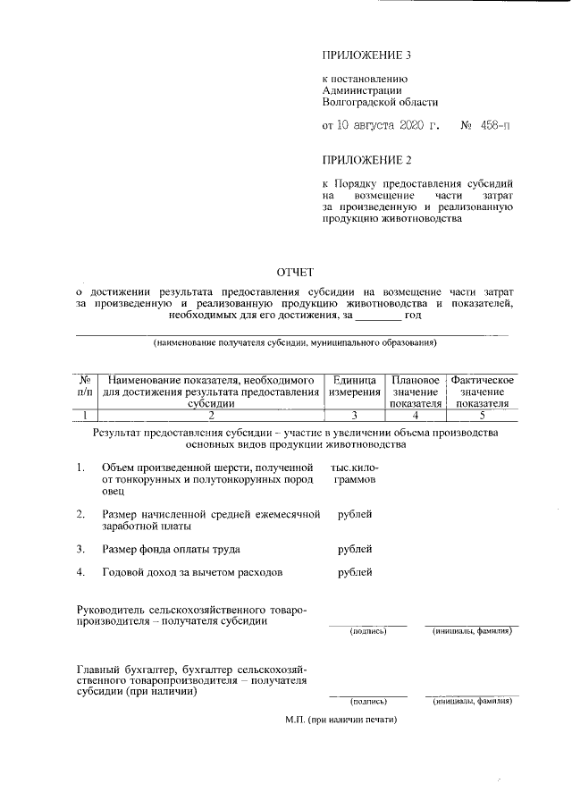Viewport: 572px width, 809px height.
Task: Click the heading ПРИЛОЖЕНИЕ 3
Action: click(x=367, y=55)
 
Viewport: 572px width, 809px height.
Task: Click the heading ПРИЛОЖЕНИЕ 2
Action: click(x=367, y=161)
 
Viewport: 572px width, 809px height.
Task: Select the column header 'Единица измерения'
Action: click(x=354, y=386)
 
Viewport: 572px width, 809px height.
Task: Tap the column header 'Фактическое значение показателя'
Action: click(x=482, y=392)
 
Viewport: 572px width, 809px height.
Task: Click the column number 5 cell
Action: click(x=482, y=415)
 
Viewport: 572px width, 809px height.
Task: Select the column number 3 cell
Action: click(x=354, y=415)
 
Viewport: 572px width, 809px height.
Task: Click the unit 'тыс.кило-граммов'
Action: click(x=354, y=473)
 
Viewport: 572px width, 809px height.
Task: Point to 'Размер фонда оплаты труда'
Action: click(x=171, y=549)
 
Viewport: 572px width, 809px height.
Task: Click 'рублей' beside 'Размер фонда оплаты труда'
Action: click(x=355, y=549)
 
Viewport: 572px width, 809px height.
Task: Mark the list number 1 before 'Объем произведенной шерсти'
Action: click(x=80, y=468)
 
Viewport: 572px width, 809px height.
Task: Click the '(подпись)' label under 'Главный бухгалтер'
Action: click(x=367, y=702)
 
